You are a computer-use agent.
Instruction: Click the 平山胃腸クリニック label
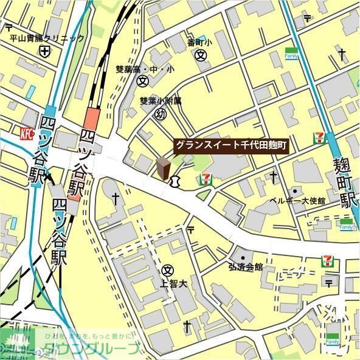47,39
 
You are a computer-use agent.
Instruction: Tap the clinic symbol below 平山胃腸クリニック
44,52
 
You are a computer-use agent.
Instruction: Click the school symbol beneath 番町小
201,55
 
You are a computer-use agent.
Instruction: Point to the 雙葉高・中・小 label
145,69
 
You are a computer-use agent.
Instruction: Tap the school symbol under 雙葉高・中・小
143,81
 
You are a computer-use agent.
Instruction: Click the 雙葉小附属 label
161,102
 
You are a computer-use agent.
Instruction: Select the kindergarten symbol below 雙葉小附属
161,114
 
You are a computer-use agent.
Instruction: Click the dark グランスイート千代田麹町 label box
230,146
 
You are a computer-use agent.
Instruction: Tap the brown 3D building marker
163,168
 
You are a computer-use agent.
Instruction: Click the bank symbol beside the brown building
176,180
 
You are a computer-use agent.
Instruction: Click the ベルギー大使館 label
297,201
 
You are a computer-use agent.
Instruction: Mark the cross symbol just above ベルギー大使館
274,178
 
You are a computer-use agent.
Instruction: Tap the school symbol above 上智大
168,270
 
